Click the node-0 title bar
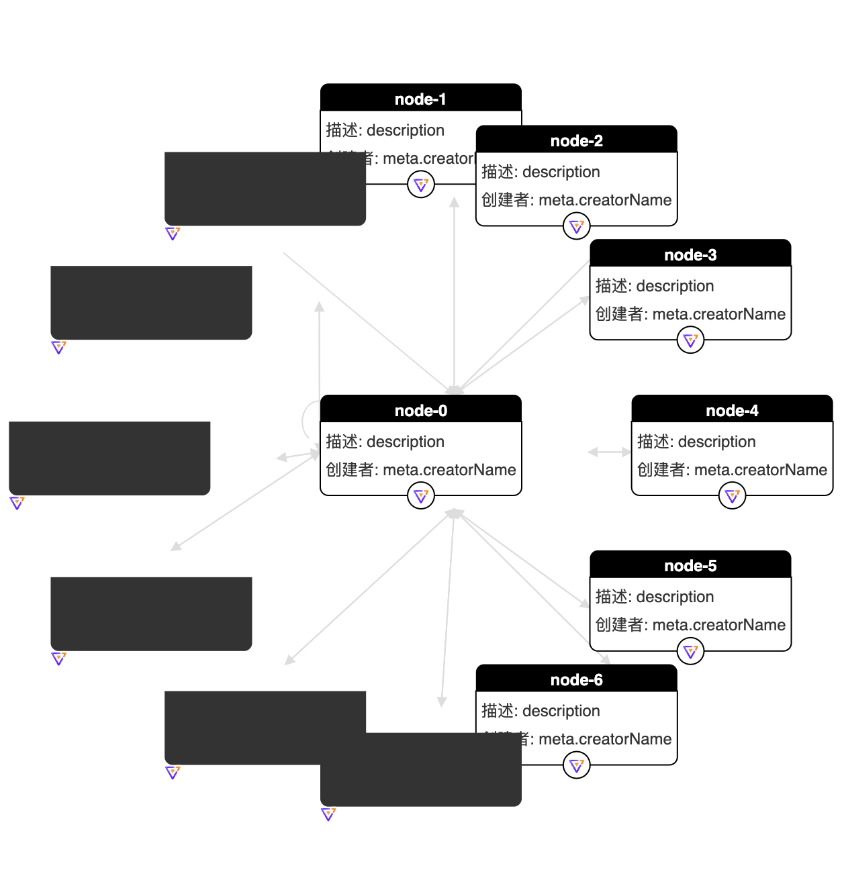click(x=420, y=410)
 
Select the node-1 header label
click(x=420, y=99)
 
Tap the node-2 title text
click(x=576, y=141)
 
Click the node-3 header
click(x=690, y=255)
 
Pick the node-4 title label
click(x=732, y=410)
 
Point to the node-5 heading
click(x=690, y=566)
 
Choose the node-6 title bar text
click(x=576, y=680)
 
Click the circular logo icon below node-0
click(x=421, y=495)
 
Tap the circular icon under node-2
click(x=576, y=226)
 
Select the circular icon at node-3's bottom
click(x=690, y=340)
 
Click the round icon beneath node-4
click(x=732, y=495)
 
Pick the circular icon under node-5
click(x=690, y=651)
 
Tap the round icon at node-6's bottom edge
click(x=576, y=765)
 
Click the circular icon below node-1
click(x=421, y=184)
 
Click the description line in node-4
click(x=696, y=442)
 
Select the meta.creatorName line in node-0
click(x=420, y=470)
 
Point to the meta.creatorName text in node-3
click(x=690, y=314)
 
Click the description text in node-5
click(x=655, y=597)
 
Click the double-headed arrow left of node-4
click(x=609, y=452)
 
